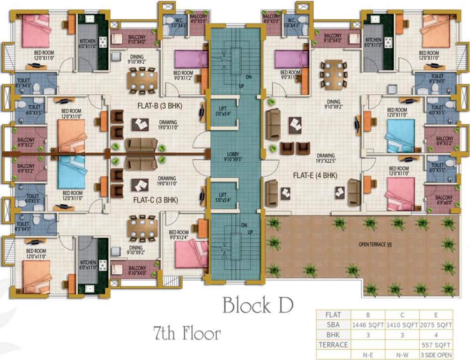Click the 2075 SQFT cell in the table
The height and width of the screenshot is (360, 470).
[436, 324]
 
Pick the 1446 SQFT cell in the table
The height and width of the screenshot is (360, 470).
[368, 324]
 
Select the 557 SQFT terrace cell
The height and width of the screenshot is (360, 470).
[436, 345]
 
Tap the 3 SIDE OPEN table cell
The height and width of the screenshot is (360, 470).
[436, 354]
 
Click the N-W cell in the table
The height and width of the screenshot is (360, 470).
[402, 354]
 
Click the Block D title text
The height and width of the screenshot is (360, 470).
[258, 306]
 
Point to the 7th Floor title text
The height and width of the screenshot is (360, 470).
[187, 334]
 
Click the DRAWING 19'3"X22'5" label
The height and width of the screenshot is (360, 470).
[325, 158]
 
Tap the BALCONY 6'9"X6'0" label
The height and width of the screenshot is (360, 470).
[444, 200]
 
